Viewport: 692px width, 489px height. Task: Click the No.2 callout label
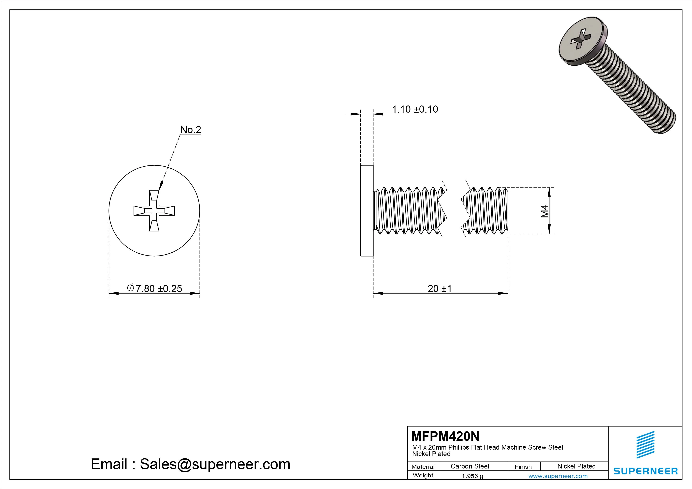[x=191, y=130]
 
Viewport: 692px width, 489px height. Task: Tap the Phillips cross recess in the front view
[x=154, y=211]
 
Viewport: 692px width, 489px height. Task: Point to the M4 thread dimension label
[x=544, y=211]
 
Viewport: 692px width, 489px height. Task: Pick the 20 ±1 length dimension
[x=440, y=289]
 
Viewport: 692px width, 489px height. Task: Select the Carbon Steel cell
[x=469, y=466]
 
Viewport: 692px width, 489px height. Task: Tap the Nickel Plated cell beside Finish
[x=576, y=466]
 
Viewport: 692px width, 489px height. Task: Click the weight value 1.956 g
[x=472, y=476]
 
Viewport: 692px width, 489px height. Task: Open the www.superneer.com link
[x=558, y=476]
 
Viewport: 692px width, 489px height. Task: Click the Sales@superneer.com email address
[x=215, y=464]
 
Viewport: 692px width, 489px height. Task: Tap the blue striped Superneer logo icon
[x=645, y=445]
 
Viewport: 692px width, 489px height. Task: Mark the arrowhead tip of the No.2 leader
[x=159, y=189]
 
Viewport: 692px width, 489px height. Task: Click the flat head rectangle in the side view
[x=367, y=211]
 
